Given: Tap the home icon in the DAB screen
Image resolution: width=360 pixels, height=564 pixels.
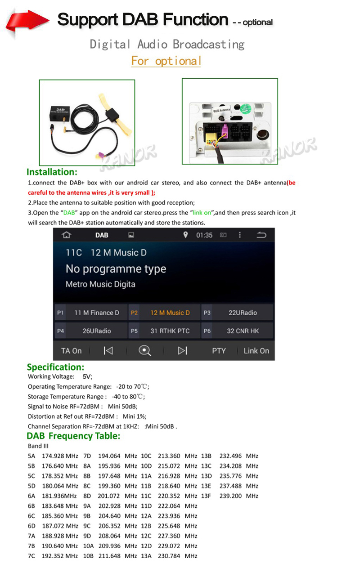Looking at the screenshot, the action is tap(67, 235).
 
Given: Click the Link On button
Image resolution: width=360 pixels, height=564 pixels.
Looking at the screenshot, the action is tap(256, 351).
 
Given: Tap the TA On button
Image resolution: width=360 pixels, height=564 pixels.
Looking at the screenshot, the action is tap(71, 351).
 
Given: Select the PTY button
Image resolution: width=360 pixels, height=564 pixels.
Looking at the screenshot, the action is tap(219, 351).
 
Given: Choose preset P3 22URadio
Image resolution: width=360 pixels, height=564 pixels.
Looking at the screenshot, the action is tap(237, 313).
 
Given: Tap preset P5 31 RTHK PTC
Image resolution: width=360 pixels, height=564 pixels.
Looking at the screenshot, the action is tap(164, 331).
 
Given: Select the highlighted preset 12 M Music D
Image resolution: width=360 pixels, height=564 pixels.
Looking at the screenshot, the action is tap(164, 313).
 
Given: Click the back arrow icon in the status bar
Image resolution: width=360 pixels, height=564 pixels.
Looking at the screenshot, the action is tap(261, 235).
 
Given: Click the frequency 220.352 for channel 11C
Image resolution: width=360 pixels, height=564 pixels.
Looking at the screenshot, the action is tap(169, 496).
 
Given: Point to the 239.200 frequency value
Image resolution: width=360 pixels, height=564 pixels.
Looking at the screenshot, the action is tap(230, 496).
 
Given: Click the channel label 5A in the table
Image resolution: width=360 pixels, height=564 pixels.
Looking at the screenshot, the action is tap(31, 456).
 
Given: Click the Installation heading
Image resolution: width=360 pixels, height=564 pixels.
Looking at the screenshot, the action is tap(52, 172).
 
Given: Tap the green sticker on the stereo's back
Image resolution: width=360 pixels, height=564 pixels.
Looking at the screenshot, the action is tap(246, 108).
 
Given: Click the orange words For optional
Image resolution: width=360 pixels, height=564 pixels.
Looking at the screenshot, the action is tap(166, 61).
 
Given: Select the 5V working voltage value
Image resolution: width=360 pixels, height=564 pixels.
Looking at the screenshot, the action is tap(87, 376).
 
